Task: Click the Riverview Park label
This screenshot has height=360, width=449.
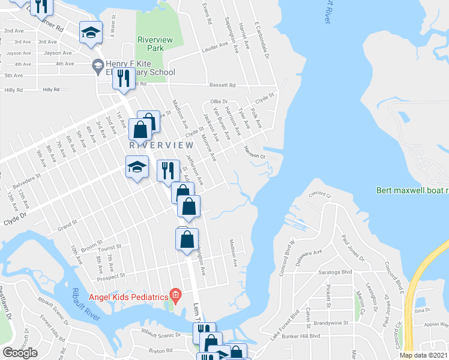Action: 155,43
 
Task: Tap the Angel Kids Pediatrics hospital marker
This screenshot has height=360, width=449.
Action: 175,294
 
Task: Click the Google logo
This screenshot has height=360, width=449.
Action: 20,352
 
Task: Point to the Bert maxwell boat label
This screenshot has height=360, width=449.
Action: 412,191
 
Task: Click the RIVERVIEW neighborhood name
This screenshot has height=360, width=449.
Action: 161,145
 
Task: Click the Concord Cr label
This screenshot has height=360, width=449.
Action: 320,195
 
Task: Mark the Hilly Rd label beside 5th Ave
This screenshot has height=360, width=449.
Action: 52,89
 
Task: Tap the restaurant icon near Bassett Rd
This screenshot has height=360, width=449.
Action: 124,79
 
